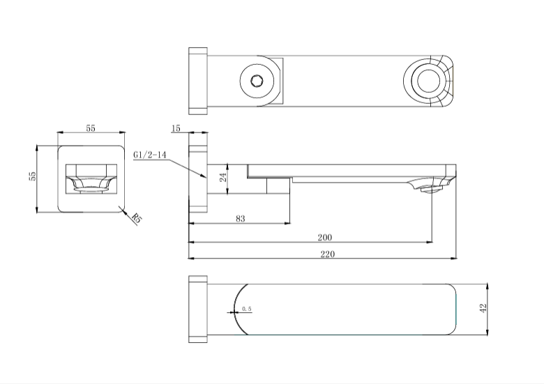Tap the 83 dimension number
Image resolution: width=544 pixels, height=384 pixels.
click(x=241, y=219)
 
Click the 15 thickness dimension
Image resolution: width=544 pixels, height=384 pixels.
click(x=175, y=129)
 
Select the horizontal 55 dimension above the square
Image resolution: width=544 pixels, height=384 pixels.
click(x=91, y=129)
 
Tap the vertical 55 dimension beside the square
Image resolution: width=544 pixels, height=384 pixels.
click(x=33, y=176)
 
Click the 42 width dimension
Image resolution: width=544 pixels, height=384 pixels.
click(x=482, y=309)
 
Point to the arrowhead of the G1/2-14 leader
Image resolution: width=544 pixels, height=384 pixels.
click(x=205, y=179)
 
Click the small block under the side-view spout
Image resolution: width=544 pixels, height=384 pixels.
click(x=279, y=186)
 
